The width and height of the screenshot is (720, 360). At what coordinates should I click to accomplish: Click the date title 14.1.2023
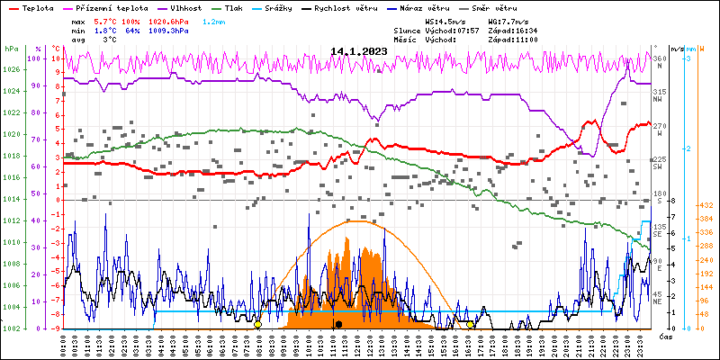pyautogui.click(x=358, y=51)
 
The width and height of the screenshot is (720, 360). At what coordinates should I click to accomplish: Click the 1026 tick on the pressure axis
pyautogui.click(x=11, y=69)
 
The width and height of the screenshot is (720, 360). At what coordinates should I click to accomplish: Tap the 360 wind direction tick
pyautogui.click(x=658, y=58)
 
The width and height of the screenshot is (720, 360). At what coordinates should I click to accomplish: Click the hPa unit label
pyautogui.click(x=11, y=49)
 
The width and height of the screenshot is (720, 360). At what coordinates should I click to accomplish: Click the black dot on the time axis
pyautogui.click(x=338, y=324)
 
